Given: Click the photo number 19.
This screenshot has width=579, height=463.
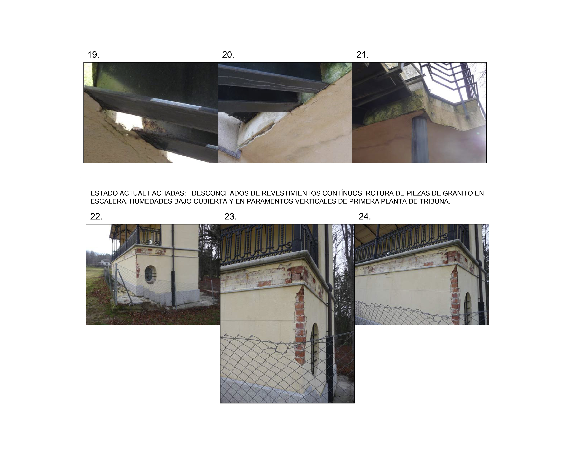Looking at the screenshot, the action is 93,55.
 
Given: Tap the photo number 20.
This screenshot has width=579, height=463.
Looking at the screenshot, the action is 228,55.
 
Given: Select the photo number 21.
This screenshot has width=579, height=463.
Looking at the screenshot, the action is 362,55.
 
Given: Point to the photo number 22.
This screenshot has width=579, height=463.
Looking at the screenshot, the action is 96,216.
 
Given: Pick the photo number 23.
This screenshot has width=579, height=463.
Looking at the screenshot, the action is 230,216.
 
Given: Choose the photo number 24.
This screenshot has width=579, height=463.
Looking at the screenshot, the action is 365,216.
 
